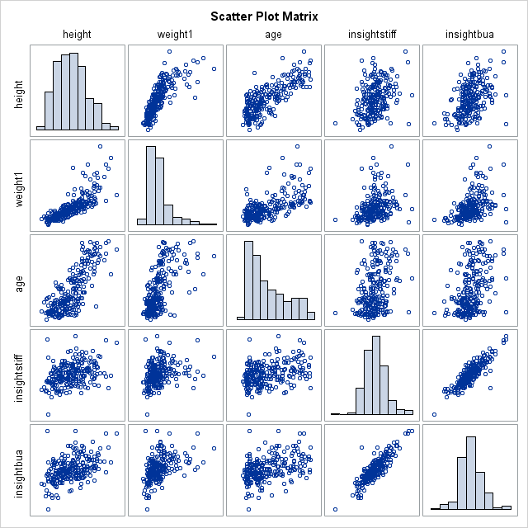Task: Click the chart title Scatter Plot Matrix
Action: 264,16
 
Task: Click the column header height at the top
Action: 77,35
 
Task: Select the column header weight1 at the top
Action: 175,35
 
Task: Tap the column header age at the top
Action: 273,35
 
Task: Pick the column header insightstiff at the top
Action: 371,35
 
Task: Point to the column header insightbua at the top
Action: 469,35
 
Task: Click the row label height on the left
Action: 18,89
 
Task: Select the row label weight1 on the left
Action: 18,186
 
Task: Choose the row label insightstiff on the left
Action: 18,375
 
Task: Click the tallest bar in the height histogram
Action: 74,91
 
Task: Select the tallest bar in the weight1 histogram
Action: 151,185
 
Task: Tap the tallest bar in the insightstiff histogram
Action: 376,375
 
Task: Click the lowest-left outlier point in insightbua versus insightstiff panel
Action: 336,509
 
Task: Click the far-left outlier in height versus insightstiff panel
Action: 336,123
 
